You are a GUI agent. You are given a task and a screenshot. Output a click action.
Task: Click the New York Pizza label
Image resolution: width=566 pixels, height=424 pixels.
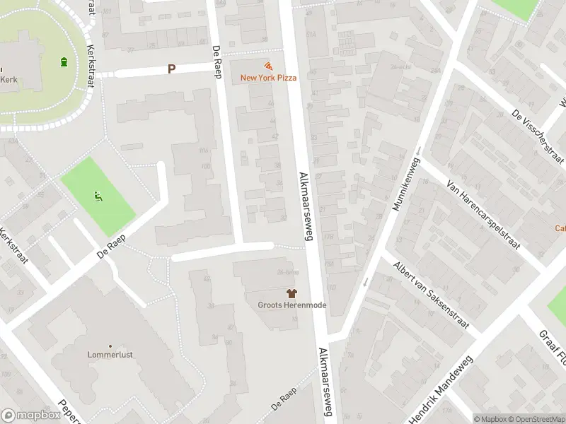(x=268, y=78)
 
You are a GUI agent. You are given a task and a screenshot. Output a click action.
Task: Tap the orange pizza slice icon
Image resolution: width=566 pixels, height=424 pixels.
(x=268, y=65)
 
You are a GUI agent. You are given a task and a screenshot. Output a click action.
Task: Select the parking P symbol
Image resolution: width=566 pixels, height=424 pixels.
(x=171, y=69)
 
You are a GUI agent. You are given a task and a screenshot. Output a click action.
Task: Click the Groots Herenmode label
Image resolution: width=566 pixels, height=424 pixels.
(x=291, y=305)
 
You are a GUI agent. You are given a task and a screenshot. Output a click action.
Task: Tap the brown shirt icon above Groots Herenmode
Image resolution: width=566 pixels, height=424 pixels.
(x=291, y=293)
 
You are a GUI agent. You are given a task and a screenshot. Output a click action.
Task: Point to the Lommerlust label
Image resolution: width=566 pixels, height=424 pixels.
(x=110, y=354)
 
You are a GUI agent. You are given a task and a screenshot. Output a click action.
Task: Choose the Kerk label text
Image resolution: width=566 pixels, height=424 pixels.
(x=8, y=80)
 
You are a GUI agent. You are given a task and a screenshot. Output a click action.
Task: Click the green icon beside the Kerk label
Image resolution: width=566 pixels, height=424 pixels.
(x=64, y=62)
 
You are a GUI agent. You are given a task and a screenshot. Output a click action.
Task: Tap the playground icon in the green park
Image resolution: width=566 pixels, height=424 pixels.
(x=98, y=196)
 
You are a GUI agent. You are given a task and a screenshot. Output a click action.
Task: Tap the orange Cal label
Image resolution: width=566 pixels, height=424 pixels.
(x=560, y=228)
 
